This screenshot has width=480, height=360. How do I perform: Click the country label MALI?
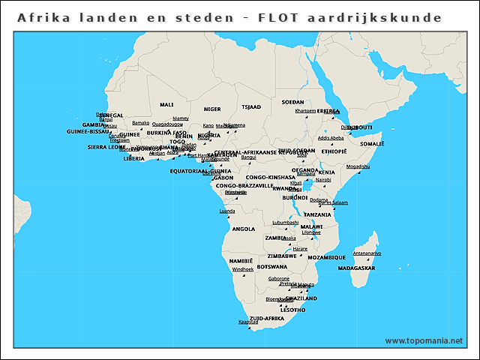tap(166, 105)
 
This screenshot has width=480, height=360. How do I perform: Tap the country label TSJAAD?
tap(250, 107)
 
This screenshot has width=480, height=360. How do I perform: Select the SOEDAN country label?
tap(292, 102)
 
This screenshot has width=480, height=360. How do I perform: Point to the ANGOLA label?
tap(244, 229)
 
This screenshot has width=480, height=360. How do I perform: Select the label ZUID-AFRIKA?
tap(266, 318)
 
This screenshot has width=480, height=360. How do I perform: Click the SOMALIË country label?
tap(372, 143)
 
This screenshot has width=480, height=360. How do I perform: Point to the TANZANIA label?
tap(317, 214)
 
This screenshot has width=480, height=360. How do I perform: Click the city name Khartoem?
tap(305, 111)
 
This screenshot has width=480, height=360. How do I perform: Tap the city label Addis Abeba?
tap(331, 138)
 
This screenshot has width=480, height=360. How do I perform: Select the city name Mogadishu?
tap(358, 166)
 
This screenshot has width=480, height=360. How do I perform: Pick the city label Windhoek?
tap(243, 268)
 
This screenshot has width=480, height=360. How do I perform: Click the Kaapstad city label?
tap(247, 322)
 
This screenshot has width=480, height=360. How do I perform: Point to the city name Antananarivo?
tap(367, 253)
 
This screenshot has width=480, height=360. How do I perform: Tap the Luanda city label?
tap(226, 211)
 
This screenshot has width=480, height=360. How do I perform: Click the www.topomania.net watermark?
tap(424, 340)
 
